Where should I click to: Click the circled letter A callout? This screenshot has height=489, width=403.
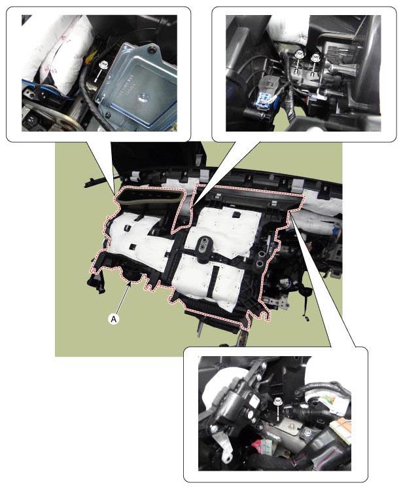[114, 318]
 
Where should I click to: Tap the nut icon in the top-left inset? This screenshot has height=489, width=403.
[102, 65]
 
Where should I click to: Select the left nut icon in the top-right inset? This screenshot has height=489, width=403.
[298, 54]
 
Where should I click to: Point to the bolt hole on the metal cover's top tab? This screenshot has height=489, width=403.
[152, 49]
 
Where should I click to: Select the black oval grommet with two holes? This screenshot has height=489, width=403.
[204, 245]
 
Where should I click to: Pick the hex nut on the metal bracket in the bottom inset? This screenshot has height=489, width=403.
[307, 433]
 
